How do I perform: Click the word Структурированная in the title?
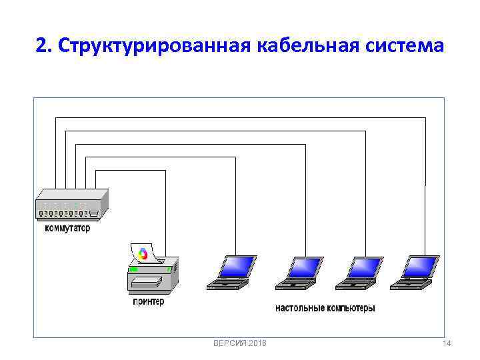151,46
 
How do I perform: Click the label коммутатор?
67,228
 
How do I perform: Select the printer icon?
153,274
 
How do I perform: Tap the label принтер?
148,301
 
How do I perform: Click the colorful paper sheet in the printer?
142,254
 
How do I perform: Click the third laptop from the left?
357,273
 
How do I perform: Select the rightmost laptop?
415,273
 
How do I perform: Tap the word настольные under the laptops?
300,308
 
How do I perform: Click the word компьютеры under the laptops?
350,308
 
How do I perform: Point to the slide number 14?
447,343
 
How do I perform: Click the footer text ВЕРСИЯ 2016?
239,343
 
